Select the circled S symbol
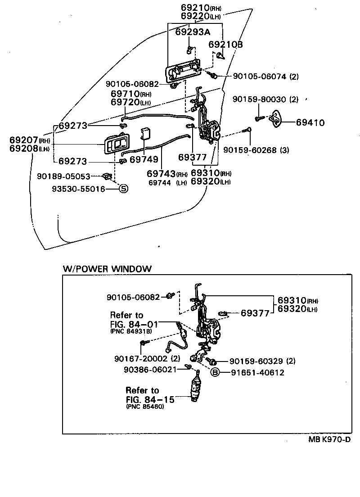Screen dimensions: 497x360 123,189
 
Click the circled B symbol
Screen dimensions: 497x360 216,372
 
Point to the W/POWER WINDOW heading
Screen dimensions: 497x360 107,269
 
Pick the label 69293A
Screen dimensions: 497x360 193,32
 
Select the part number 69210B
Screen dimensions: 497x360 226,44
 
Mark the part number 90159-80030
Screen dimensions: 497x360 260,99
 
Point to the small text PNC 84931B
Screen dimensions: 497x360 131,331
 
